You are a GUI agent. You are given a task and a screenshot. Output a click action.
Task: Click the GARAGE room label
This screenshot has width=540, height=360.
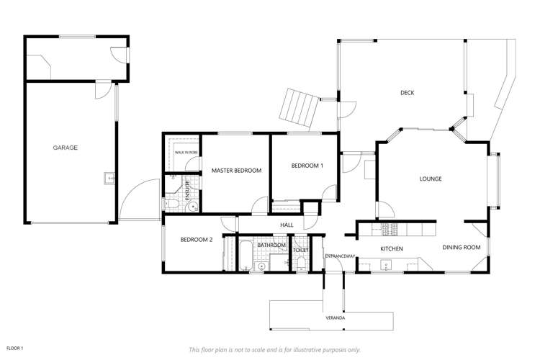click(x=65, y=148)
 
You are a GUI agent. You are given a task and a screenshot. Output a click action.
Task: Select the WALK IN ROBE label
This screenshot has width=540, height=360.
click(x=186, y=153)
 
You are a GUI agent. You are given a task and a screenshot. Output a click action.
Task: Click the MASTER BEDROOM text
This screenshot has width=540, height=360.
click(x=235, y=170)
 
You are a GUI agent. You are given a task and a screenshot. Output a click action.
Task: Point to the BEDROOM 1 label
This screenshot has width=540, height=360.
click(x=307, y=166)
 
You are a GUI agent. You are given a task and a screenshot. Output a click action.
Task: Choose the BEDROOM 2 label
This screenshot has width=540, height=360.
click(x=196, y=240)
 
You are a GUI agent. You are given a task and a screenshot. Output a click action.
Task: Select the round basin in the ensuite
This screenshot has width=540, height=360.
click(x=192, y=207)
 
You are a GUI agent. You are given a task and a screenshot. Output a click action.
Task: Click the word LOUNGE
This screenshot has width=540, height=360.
click(x=431, y=179)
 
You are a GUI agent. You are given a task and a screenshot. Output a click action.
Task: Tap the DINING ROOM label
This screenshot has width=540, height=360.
click(x=461, y=248)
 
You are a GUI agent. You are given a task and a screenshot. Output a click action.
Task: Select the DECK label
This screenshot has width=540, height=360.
click(x=407, y=92)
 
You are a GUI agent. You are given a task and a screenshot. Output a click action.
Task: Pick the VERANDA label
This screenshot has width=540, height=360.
click(x=335, y=317)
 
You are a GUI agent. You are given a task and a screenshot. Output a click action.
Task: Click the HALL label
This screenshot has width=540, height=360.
click(x=287, y=225)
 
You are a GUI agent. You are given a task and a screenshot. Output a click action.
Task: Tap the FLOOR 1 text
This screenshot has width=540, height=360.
click(x=14, y=348)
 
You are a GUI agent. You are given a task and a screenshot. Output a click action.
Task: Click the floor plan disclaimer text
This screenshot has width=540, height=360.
click(x=274, y=349)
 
